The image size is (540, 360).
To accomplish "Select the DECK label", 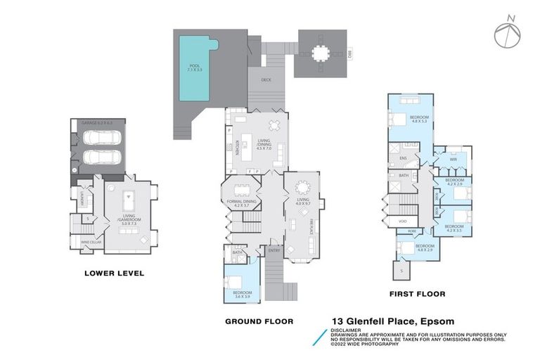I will pyautogui.click(x=266, y=79).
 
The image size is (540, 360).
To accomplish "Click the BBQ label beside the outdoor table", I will pyautogui.click(x=349, y=53).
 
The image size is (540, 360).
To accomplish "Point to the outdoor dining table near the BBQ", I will pyautogui.click(x=321, y=53).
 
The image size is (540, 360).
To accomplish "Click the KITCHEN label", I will pyautogui.click(x=239, y=150).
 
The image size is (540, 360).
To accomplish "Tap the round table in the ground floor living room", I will pyautogui.click(x=303, y=187).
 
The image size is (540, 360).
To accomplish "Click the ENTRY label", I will pyautogui.click(x=273, y=250).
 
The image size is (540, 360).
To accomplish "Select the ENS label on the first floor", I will pyautogui.click(x=403, y=158).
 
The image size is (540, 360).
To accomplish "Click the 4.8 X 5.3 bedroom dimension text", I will pyautogui.click(x=420, y=120).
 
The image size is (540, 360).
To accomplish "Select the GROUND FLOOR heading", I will pyautogui.click(x=259, y=321).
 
